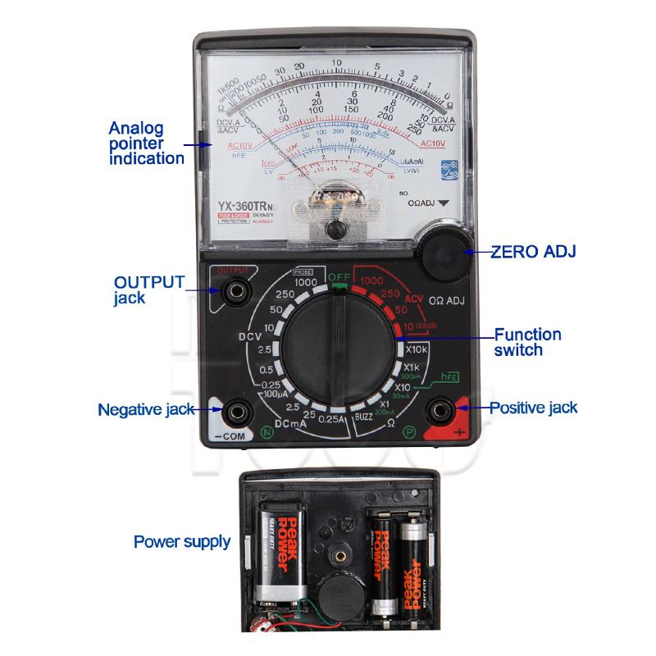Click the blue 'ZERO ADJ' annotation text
(533, 252)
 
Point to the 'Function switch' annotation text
(528, 342)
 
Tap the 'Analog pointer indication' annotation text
(147, 143)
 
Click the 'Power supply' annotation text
(182, 542)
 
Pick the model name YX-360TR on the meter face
(247, 207)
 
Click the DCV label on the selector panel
(250, 336)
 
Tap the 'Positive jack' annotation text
(533, 408)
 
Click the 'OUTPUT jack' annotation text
(148, 289)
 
